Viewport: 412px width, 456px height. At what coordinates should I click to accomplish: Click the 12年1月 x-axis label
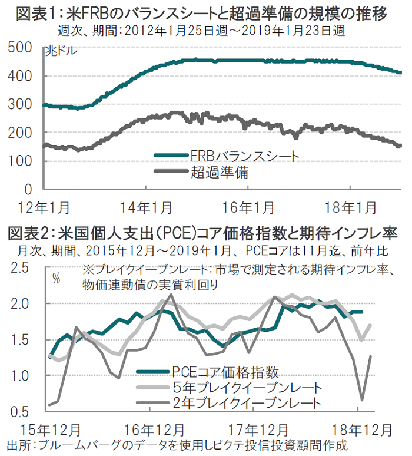(45, 207)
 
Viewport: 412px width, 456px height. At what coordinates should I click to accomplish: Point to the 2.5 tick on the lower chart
(20, 268)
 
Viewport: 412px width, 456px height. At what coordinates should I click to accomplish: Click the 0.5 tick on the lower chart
(20, 411)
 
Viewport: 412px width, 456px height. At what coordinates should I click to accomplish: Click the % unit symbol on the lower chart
(57, 278)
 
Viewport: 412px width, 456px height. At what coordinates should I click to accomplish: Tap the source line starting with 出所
(177, 444)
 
